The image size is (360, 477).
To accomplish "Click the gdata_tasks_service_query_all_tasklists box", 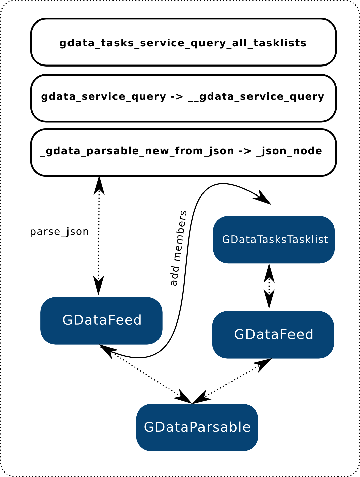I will (183, 43).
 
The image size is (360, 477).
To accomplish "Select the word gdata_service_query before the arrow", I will (103, 97).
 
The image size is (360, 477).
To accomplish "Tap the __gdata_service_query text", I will (256, 97).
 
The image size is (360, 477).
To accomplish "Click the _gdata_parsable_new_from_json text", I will (137, 151).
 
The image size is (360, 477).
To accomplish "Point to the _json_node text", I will (289, 151).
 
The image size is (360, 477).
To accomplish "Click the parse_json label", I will (59, 232).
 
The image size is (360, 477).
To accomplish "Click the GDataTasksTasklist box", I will (274, 240).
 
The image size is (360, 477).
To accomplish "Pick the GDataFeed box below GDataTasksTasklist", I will (273, 335).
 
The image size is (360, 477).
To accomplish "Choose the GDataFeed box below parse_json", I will (101, 320).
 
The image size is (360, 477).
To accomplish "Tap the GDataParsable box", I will (197, 427).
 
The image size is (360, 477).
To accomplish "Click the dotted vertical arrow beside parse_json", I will (99, 235).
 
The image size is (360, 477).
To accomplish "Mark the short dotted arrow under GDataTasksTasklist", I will (269, 286).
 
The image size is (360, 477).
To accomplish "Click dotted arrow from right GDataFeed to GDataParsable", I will (232, 381).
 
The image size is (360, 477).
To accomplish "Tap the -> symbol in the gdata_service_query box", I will (177, 97).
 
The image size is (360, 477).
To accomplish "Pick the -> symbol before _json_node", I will (245, 151).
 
